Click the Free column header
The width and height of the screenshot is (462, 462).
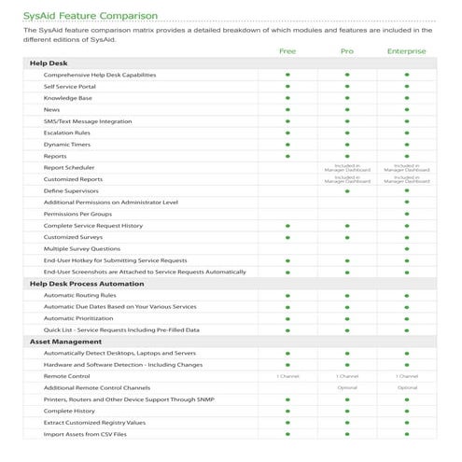coord(287,51)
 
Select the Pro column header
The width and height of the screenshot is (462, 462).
coord(347,51)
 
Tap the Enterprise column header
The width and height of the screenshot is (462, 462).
coord(407,51)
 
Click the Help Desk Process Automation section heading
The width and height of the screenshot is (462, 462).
coord(87,283)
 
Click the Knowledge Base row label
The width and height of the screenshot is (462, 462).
coord(68,98)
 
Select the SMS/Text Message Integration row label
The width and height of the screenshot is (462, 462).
coord(88,121)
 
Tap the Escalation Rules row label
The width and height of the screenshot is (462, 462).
coord(66,133)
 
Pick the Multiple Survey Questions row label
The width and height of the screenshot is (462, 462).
coord(82,248)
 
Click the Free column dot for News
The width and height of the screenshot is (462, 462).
coord(287,109)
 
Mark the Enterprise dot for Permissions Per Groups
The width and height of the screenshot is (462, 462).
coord(407,214)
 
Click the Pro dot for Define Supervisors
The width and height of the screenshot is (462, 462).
coord(347,190)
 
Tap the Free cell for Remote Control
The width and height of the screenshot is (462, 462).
coord(287,375)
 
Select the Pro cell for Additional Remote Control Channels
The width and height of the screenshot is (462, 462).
coord(347,387)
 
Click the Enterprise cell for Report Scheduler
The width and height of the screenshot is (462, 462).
coord(407,167)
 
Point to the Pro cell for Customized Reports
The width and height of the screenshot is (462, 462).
coord(347,179)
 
